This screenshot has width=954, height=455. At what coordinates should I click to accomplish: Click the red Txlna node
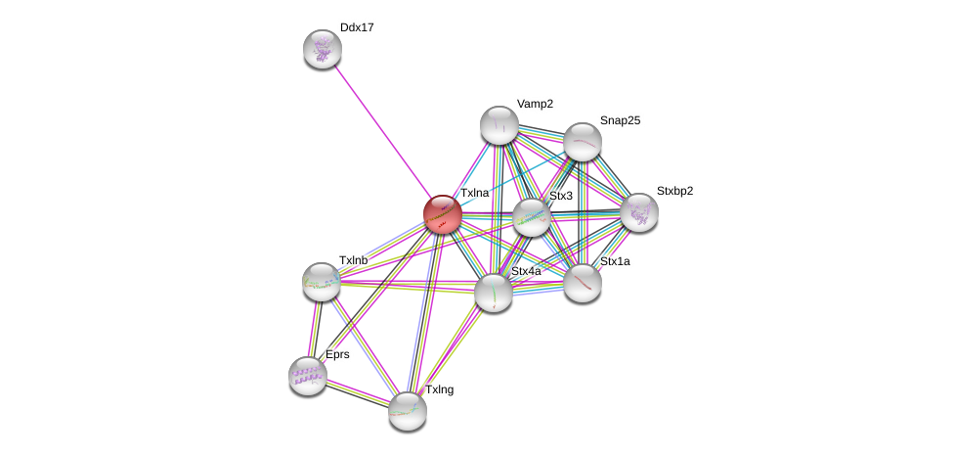[x=442, y=214]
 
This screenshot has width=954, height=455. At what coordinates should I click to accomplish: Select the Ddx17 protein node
[x=322, y=49]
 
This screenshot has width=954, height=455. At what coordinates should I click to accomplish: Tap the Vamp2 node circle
[x=499, y=125]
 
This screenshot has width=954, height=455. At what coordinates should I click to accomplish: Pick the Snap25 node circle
[x=582, y=142]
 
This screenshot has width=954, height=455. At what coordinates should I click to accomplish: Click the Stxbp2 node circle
[x=638, y=211]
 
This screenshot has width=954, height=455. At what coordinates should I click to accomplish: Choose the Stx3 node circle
[x=532, y=217]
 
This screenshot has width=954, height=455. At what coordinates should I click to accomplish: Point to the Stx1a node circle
[x=583, y=283]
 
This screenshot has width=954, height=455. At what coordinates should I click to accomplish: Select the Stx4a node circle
[x=494, y=292]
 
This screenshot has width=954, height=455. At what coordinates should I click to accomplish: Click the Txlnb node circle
[x=321, y=282]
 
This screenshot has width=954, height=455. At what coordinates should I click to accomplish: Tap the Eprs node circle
[x=307, y=375]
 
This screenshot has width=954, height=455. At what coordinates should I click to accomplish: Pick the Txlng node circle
[x=407, y=410]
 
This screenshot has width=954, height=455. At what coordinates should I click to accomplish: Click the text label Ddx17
[x=357, y=27]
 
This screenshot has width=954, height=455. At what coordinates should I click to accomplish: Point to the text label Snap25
[x=620, y=120]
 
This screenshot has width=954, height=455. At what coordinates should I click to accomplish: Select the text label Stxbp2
[x=674, y=191]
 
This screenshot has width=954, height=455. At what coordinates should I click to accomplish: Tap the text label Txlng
[x=439, y=389]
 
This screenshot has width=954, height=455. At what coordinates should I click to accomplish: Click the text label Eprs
[x=337, y=354]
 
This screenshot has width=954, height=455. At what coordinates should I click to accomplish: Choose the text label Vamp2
[x=535, y=104]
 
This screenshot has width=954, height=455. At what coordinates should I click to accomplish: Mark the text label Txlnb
[x=353, y=260]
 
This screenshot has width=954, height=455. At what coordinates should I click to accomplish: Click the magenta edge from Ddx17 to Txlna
[x=381, y=131]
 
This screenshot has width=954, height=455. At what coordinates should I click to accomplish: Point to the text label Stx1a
[x=615, y=261]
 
